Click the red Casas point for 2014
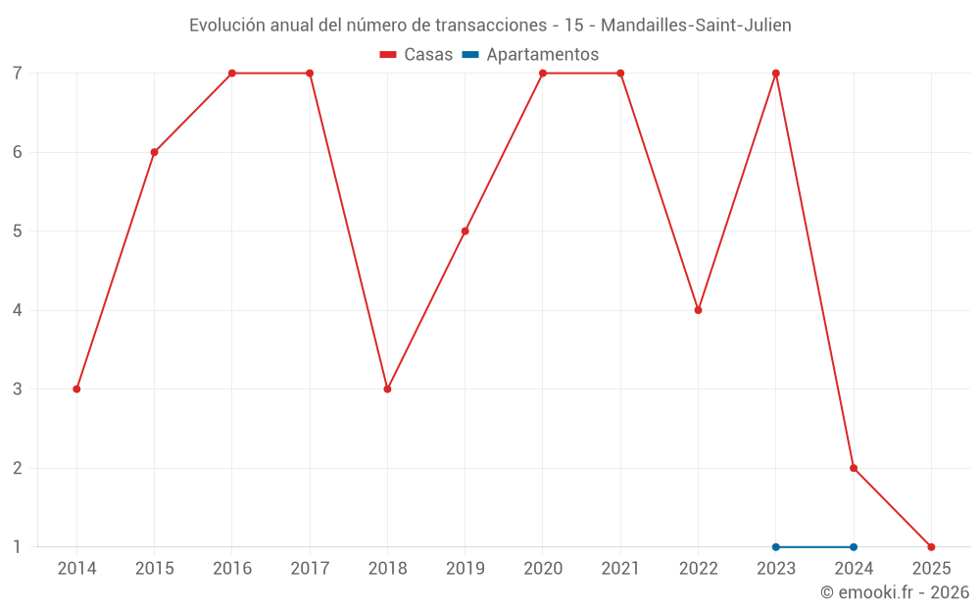tap(76, 389)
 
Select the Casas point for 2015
tap(154, 152)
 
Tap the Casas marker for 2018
tap(387, 389)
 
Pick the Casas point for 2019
tap(465, 231)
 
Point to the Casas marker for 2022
tap(698, 310)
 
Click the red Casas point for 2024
tap(854, 468)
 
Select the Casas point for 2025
tap(931, 547)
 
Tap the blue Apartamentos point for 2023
tap(776, 547)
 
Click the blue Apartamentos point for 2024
tap(854, 547)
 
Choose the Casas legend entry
tap(416, 55)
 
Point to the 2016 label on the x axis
tap(232, 569)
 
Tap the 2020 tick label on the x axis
tap(543, 569)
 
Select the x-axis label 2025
tap(931, 569)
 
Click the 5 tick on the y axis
tap(18, 231)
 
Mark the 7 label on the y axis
tap(18, 74)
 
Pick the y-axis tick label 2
tap(18, 468)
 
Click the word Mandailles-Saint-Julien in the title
tap(695, 26)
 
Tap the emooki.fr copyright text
tap(895, 592)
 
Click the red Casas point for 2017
tap(310, 74)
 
